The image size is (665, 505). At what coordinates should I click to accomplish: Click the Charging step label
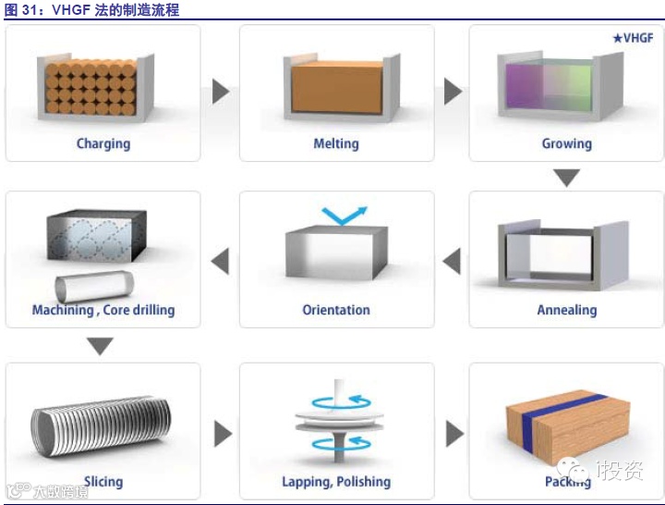click(103, 143)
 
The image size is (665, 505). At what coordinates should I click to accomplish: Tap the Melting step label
click(336, 143)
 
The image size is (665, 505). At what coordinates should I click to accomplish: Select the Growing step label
click(566, 143)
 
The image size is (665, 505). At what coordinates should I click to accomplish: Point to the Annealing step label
click(566, 310)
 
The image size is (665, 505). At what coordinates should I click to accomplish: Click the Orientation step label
click(336, 310)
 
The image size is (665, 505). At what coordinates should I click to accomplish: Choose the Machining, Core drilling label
click(103, 310)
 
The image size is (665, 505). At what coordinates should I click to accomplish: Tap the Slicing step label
click(103, 481)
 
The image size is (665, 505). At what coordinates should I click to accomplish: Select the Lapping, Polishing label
click(336, 482)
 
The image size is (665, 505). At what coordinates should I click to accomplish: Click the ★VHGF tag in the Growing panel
click(633, 38)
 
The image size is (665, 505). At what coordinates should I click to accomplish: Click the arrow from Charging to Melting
click(220, 91)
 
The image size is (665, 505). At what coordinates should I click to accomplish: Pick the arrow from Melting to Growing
click(453, 91)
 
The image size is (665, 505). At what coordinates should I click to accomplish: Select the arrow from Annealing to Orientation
click(452, 261)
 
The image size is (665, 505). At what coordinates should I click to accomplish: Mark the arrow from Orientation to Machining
click(220, 261)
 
